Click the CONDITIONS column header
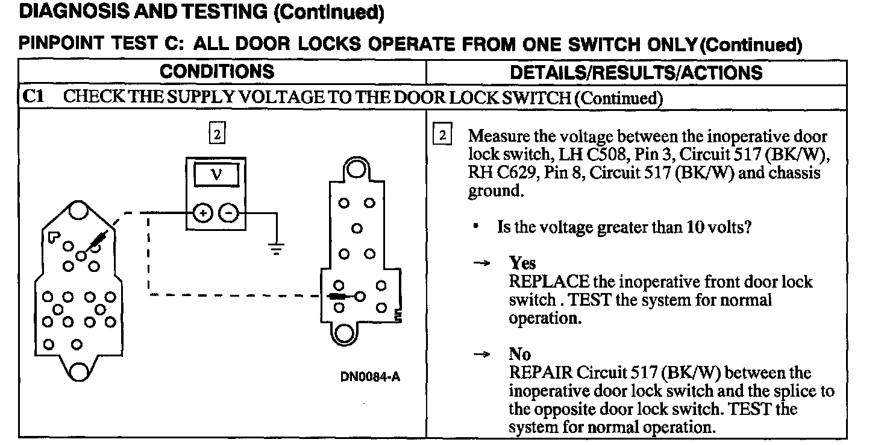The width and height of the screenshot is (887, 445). (x=216, y=72)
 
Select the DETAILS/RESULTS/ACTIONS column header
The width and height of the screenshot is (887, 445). (x=636, y=73)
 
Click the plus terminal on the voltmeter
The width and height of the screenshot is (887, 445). (x=203, y=213)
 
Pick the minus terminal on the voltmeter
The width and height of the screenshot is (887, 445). (x=228, y=213)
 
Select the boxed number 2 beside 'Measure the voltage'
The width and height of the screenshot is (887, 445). (x=442, y=135)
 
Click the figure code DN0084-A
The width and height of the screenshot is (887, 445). (x=370, y=377)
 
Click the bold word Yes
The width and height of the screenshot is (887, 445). (x=522, y=264)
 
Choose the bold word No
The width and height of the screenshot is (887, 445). (x=519, y=355)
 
